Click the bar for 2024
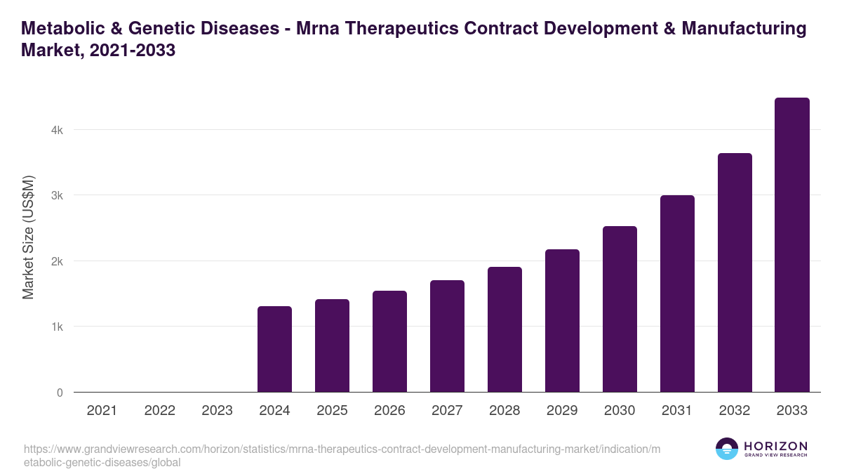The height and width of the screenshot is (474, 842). coord(274,349)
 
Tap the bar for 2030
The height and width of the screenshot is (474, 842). coord(620,309)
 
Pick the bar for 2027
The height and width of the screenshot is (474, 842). coord(447,336)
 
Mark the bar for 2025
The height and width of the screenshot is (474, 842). coord(332,345)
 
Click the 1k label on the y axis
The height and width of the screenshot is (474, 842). coord(56,327)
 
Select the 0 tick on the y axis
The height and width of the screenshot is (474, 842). coord(60,393)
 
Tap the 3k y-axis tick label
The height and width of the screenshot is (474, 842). coord(56,195)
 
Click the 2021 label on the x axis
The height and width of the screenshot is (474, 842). coord(102,411)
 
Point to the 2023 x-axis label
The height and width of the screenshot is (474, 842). coord(217,411)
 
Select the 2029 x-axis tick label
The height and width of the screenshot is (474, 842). coord(562,411)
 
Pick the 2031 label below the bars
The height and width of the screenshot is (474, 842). coord(677,411)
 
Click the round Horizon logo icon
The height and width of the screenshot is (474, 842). coord(727,449)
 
